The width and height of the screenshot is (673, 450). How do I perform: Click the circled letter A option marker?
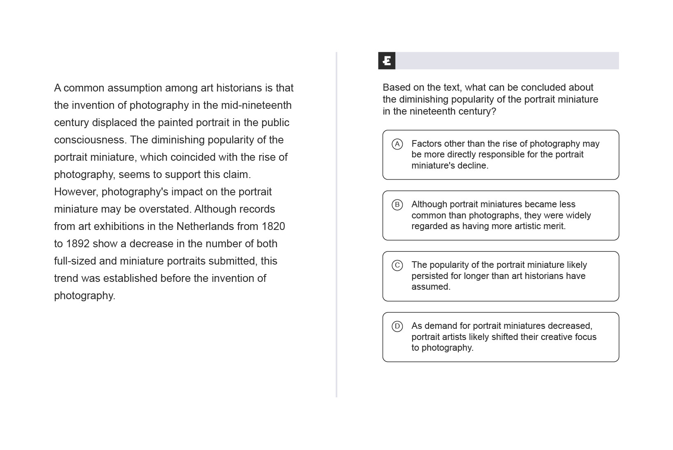pyautogui.click(x=397, y=144)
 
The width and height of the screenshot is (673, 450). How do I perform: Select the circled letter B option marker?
pyautogui.click(x=397, y=204)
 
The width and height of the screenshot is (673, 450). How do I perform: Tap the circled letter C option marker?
pyautogui.click(x=397, y=265)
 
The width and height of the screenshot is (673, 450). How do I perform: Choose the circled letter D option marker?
pyautogui.click(x=397, y=326)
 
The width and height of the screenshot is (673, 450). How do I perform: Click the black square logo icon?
pyautogui.click(x=387, y=61)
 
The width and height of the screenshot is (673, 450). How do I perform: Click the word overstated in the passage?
pyautogui.click(x=165, y=209)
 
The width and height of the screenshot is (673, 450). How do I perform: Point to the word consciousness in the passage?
pyautogui.click(x=89, y=140)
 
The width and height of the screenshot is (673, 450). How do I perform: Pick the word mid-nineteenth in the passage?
pyautogui.click(x=256, y=105)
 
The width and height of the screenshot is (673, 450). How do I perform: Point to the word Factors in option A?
pyautogui.click(x=427, y=144)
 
